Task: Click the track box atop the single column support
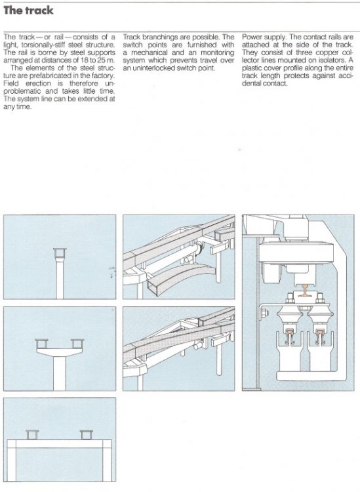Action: (x=60, y=252)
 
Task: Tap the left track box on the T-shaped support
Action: (x=44, y=343)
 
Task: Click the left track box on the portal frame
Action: (x=33, y=434)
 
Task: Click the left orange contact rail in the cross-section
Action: (x=288, y=339)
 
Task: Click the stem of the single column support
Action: (x=60, y=279)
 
